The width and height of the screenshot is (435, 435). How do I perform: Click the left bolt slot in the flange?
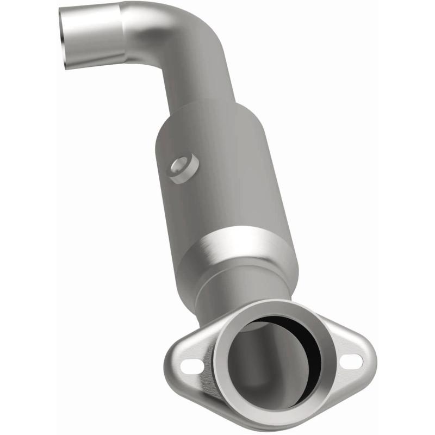pyautogui.click(x=189, y=368)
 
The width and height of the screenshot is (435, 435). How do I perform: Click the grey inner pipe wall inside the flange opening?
pyautogui.click(x=256, y=364)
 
